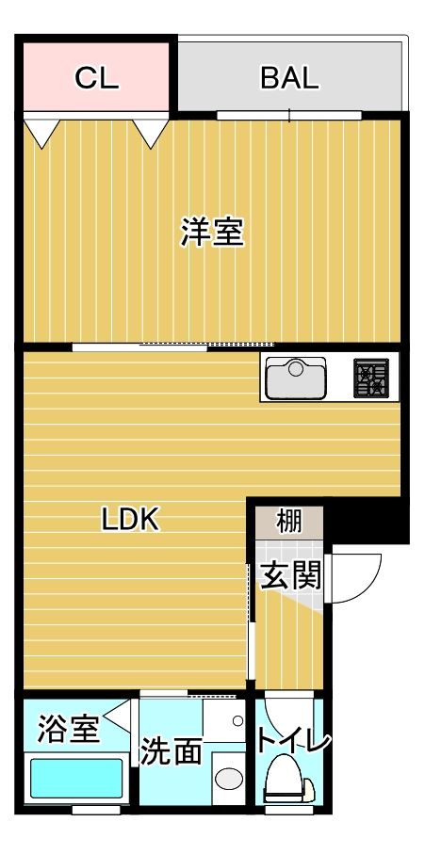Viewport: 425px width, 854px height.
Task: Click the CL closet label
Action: coord(97,78)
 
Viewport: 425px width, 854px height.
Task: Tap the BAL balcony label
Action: coord(289,78)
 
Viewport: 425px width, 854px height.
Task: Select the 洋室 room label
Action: coord(212,232)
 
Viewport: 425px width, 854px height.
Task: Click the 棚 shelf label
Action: coord(288,520)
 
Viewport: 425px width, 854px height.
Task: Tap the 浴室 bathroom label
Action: coord(68,728)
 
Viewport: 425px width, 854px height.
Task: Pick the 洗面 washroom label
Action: coord(172,751)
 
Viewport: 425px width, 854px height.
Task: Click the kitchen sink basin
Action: coord(296,379)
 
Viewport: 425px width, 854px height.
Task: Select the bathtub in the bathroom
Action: coord(77,779)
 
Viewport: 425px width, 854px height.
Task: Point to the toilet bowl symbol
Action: coord(285,780)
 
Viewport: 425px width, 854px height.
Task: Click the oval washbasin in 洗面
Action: coord(228,778)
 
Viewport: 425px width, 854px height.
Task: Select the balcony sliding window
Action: coord(288,116)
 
